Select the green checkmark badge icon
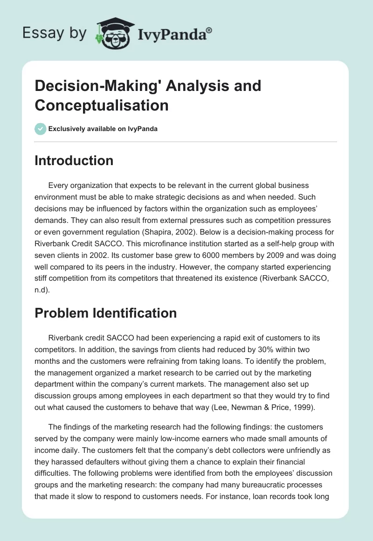(40, 129)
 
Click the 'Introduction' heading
(74, 160)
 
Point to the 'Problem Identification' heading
(105, 312)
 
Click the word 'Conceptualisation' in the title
(101, 105)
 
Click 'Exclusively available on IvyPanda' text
(103, 129)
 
